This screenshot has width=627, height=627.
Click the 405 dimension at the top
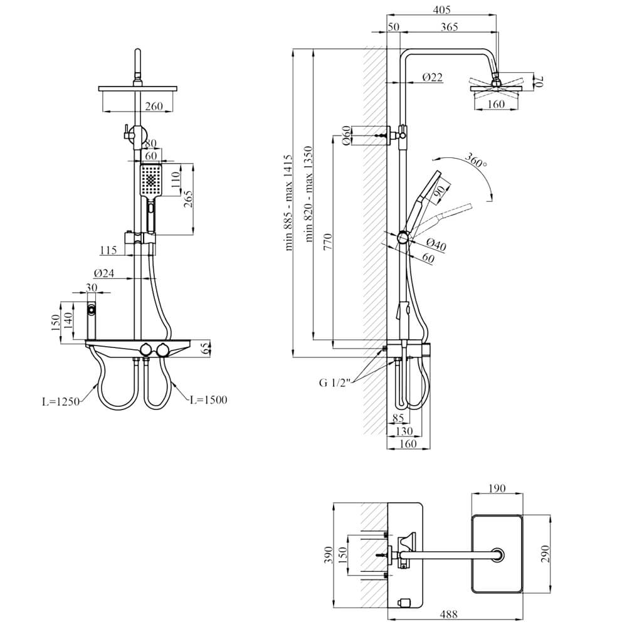441,9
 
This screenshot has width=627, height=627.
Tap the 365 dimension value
449,27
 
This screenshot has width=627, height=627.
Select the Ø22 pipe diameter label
433,77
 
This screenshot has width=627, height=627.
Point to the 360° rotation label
476,161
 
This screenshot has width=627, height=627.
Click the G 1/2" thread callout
335,382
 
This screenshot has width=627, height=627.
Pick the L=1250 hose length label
61,401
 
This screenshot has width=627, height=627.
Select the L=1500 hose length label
208,399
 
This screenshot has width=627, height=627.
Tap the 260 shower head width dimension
154,106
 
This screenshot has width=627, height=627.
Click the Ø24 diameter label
104,273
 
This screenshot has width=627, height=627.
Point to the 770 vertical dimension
328,242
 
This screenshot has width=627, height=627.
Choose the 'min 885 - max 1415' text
288,203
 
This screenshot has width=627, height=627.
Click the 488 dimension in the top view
449,613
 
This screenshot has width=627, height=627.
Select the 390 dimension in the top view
329,555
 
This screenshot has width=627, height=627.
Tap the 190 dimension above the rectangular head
497,488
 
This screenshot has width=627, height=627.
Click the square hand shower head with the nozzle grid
150,181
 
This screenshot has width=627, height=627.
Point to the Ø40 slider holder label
436,245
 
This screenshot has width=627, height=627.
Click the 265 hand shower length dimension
187,199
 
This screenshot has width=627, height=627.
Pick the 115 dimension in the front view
108,250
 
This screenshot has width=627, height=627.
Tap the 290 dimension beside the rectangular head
545,554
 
